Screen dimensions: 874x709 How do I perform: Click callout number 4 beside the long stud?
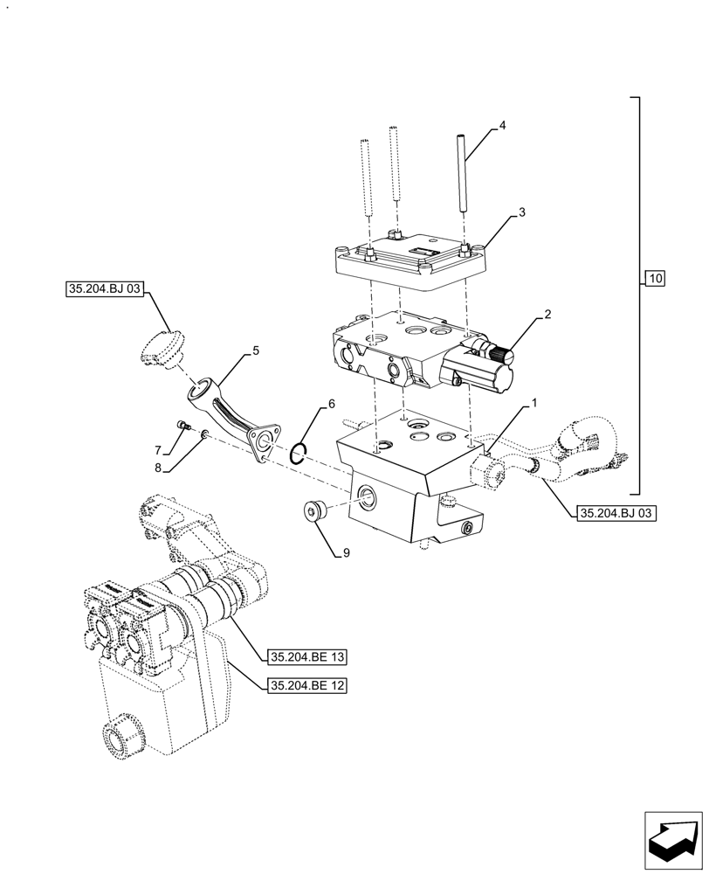click(502, 127)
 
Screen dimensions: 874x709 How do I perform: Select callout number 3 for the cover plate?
click(520, 212)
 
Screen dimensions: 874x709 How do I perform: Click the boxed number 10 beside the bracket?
click(656, 279)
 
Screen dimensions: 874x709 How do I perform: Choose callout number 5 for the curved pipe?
click(255, 350)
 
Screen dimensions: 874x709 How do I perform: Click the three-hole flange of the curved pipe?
click(265, 441)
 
